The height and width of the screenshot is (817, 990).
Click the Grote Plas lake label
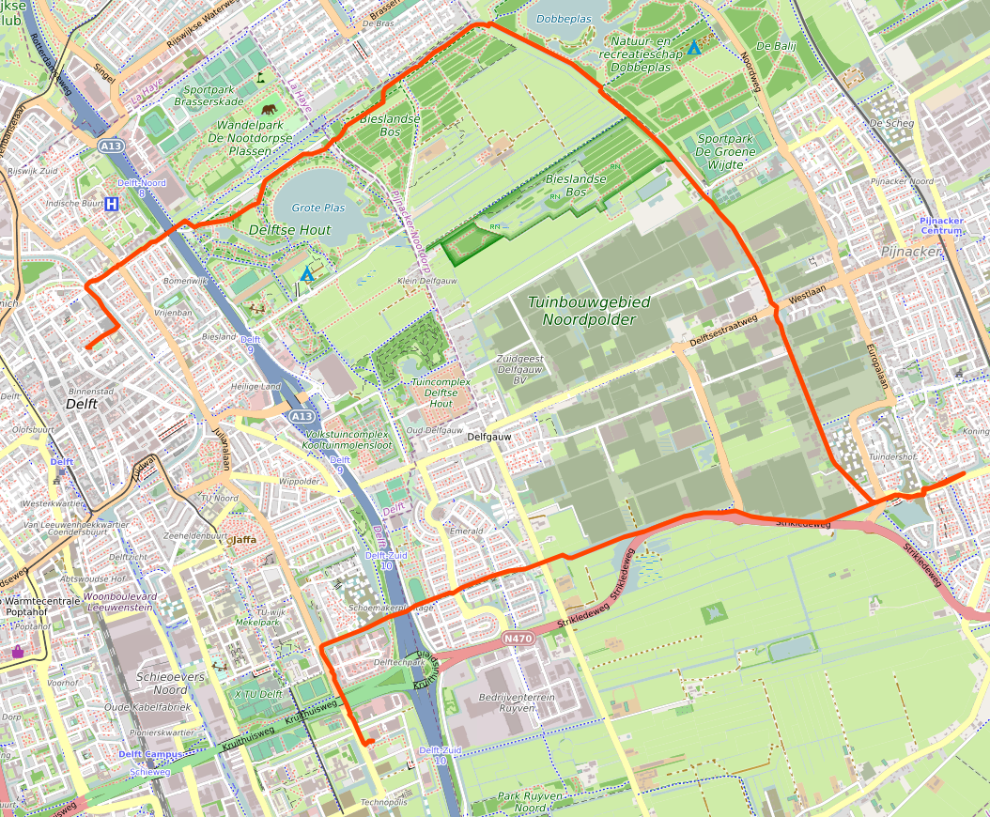click(318, 208)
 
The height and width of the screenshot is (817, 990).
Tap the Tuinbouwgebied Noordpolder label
click(581, 311)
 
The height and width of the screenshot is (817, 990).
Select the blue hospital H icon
click(112, 203)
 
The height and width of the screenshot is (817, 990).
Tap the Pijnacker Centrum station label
click(942, 225)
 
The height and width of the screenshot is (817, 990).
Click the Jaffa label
click(244, 539)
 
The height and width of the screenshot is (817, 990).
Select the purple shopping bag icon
click(17, 651)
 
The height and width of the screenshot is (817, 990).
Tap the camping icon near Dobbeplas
click(693, 47)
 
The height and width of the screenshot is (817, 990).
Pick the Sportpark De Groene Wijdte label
click(732, 151)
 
